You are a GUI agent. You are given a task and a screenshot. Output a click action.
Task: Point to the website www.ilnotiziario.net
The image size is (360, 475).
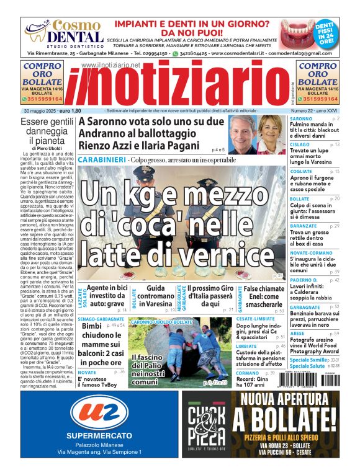110,64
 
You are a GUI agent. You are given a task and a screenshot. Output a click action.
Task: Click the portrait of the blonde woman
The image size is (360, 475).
272,134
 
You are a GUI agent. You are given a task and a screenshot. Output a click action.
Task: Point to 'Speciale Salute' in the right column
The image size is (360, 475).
308,366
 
